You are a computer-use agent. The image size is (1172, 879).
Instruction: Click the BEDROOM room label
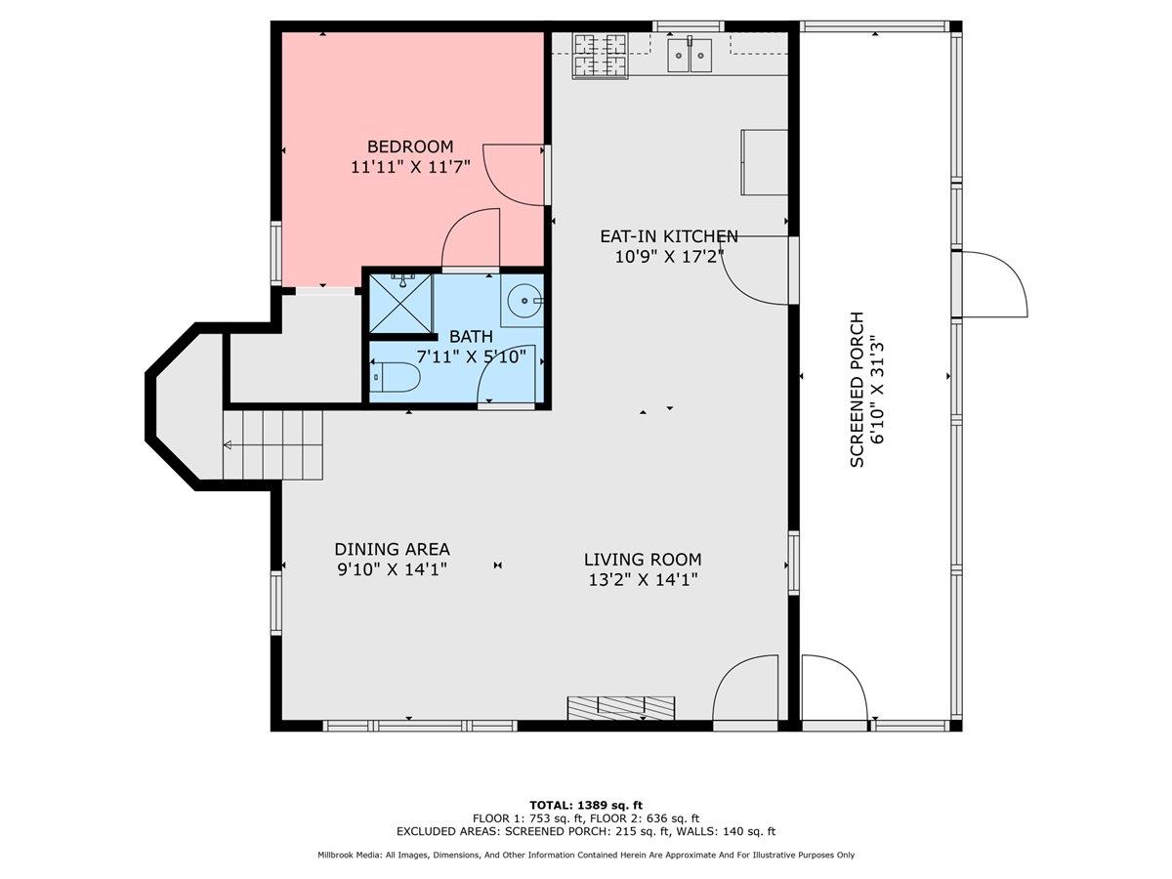point(410,147)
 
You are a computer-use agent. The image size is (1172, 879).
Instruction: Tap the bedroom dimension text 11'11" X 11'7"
point(410,167)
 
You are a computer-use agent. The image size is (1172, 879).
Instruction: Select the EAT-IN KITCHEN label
point(668,236)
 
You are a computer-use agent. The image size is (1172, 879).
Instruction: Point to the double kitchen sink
point(691,56)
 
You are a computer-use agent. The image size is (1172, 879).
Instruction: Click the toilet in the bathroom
point(396,377)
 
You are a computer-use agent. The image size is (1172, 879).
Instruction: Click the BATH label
point(471,337)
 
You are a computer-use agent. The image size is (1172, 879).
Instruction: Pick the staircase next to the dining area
point(273,444)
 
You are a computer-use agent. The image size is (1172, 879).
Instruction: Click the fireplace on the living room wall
point(622,706)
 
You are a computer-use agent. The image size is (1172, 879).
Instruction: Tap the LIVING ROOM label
point(642,560)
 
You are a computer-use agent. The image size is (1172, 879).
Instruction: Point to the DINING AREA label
point(392,550)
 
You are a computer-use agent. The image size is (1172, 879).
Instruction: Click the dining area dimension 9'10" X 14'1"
point(392,569)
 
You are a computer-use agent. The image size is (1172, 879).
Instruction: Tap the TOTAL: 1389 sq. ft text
point(585,805)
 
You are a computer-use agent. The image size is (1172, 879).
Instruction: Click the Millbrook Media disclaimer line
point(585,855)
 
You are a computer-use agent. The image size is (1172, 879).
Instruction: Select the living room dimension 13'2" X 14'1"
point(642,579)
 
